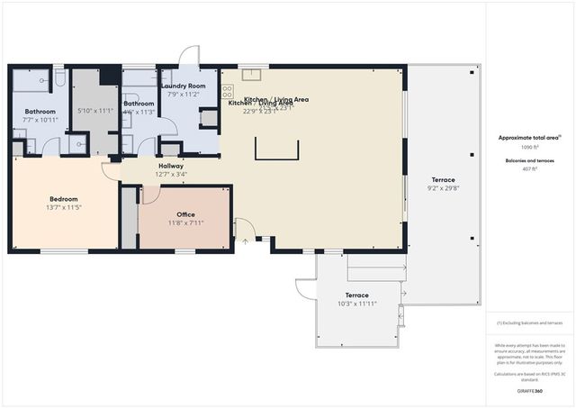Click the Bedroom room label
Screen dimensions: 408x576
pyautogui.click(x=63, y=199)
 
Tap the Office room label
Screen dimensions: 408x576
pyautogui.click(x=185, y=214)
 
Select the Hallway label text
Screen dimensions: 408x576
pyautogui.click(x=171, y=166)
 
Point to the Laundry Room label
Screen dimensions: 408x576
pyautogui.click(x=184, y=86)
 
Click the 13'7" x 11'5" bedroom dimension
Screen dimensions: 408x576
pyautogui.click(x=63, y=207)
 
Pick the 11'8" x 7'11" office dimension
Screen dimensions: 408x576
pyautogui.click(x=185, y=222)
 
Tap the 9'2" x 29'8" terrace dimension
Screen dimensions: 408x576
pyautogui.click(x=443, y=188)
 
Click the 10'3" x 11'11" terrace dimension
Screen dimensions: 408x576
pyautogui.click(x=357, y=304)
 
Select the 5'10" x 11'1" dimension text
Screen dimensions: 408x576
pyautogui.click(x=94, y=111)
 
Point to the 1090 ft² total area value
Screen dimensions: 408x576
pyautogui.click(x=529, y=146)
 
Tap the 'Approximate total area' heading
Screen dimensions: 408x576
pyautogui.click(x=529, y=138)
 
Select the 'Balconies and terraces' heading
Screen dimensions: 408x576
pyautogui.click(x=529, y=160)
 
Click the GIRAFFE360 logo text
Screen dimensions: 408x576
pyautogui.click(x=529, y=391)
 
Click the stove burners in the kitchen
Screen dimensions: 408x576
pyautogui.click(x=227, y=91)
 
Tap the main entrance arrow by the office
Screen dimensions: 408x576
pyautogui.click(x=244, y=241)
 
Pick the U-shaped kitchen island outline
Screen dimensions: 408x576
pyautogui.click(x=276, y=149)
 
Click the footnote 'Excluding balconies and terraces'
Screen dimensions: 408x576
pyautogui.click(x=529, y=322)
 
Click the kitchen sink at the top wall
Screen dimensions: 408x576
pyautogui.click(x=251, y=75)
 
